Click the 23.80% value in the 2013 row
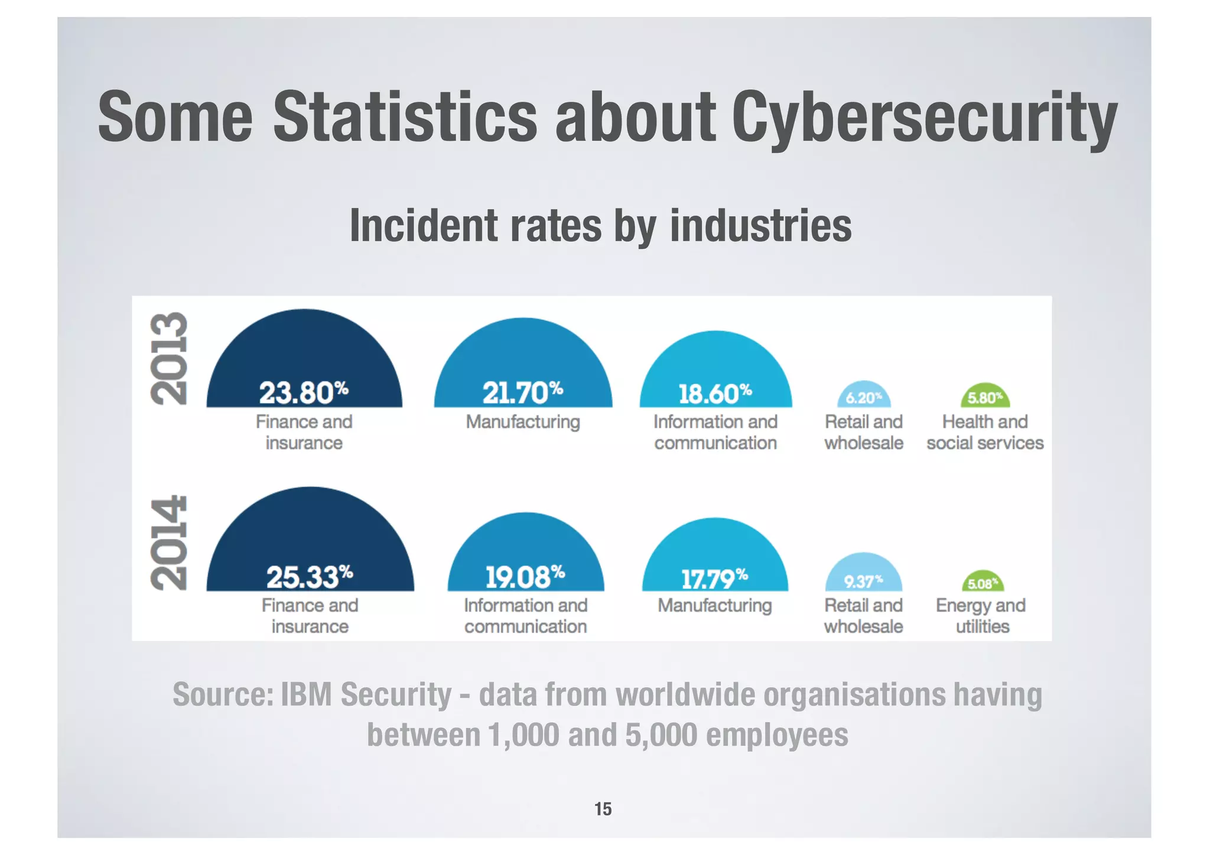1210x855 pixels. (303, 393)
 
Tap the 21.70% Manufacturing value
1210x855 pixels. (522, 393)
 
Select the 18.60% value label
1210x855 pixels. (715, 394)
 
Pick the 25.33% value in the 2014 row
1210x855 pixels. (310, 577)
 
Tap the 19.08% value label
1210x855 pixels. (525, 577)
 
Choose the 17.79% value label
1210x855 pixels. (715, 578)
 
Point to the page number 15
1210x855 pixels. (603, 808)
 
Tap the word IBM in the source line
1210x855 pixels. (306, 694)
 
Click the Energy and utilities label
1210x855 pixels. (981, 616)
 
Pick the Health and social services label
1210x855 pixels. (985, 432)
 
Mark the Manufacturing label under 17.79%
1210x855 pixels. (715, 606)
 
